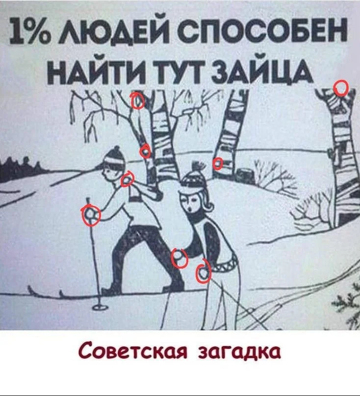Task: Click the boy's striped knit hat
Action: tap(114, 155)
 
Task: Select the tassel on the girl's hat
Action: tap(198, 167)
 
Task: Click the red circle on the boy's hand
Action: tap(91, 215)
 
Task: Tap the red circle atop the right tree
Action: tap(341, 88)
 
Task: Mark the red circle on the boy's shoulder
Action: tap(127, 179)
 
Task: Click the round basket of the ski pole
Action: tap(99, 307)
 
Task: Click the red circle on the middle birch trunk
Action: tap(217, 163)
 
